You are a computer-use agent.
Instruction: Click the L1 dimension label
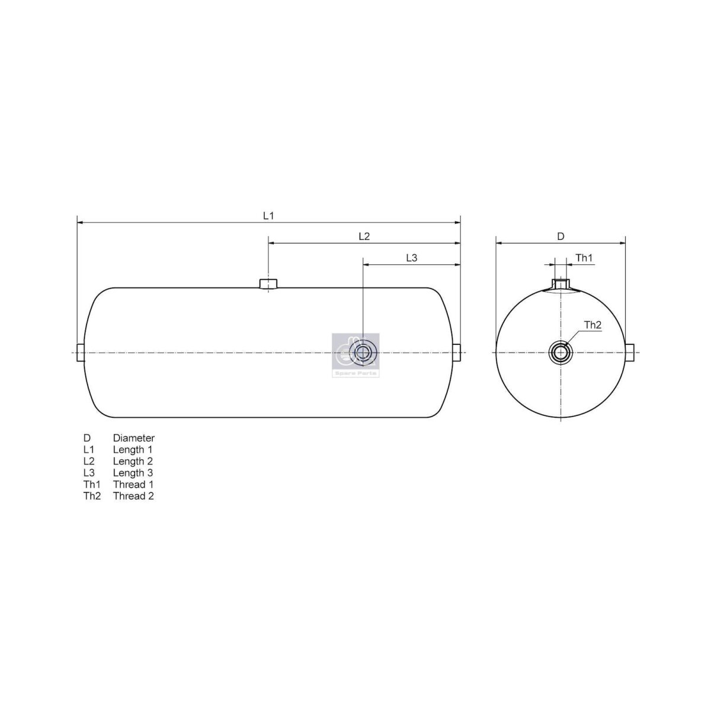click(x=268, y=216)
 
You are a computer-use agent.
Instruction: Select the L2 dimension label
click(x=364, y=236)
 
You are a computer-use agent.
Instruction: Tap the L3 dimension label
click(x=412, y=258)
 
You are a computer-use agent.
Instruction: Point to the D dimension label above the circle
click(x=561, y=236)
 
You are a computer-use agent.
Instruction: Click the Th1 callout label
click(x=584, y=258)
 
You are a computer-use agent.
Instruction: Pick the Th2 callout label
click(x=592, y=325)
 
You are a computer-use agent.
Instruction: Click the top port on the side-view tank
click(x=268, y=284)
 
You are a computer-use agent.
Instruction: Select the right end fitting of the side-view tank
click(x=457, y=353)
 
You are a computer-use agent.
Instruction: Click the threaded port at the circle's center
click(x=560, y=353)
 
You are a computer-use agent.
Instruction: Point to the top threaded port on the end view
click(x=560, y=285)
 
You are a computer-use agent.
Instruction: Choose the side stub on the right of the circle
click(x=630, y=353)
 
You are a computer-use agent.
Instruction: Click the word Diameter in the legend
click(x=134, y=438)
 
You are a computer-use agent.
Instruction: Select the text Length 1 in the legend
click(x=133, y=450)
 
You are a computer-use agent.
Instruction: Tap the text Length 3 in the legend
click(x=133, y=473)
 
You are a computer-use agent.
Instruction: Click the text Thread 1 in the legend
click(x=133, y=485)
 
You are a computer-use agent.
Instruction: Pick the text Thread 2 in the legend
click(x=133, y=496)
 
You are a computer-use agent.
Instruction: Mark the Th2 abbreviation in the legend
click(x=92, y=496)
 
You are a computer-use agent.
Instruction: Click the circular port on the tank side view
click(x=361, y=353)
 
